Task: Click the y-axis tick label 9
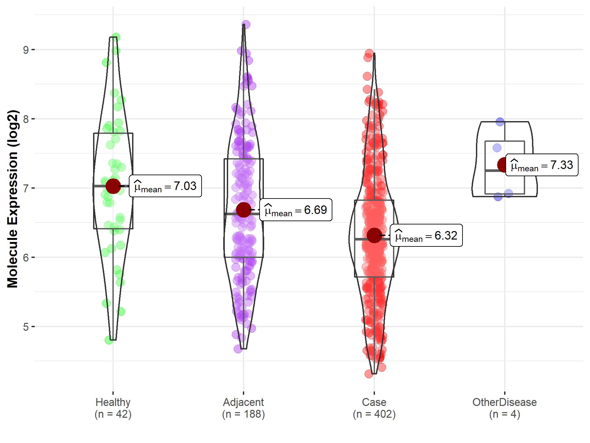click(26, 50)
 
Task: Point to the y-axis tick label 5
click(26, 327)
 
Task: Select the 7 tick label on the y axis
click(26, 188)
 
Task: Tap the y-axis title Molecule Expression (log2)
click(12, 199)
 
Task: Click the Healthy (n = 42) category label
click(113, 408)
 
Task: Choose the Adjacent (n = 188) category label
click(244, 408)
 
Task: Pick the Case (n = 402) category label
click(374, 408)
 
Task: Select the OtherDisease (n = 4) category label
click(504, 408)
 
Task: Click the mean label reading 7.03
click(165, 186)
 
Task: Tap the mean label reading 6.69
click(296, 210)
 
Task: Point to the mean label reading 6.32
click(426, 236)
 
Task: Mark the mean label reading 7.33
click(542, 165)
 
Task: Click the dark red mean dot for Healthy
click(113, 186)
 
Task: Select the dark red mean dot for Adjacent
click(244, 210)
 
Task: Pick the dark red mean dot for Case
click(374, 235)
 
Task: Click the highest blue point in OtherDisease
click(500, 122)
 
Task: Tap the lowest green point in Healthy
click(109, 340)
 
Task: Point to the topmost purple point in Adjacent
click(246, 25)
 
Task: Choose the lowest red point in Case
click(369, 374)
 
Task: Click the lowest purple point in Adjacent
click(238, 349)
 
